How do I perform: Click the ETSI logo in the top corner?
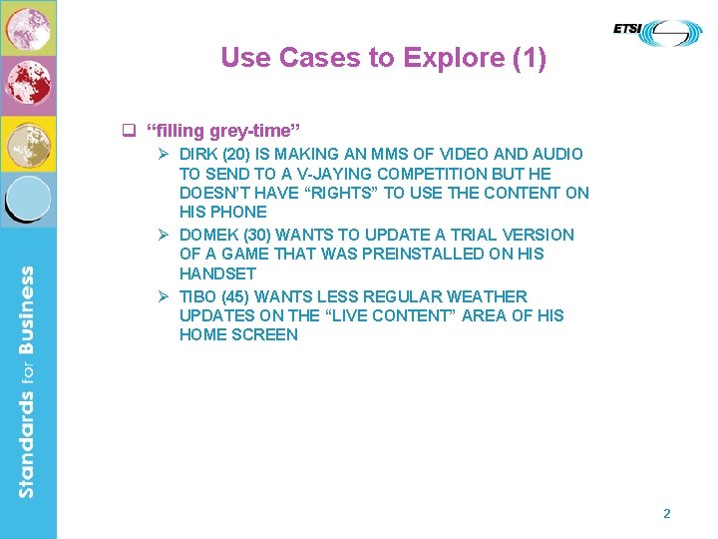coord(657,33)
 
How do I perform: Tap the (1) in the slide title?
coord(529,58)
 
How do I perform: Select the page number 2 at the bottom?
coord(667,514)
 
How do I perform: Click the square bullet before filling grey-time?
coord(128,131)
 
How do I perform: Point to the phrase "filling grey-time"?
coord(222,131)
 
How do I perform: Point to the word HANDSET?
coord(217,273)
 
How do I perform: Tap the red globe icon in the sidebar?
coord(28,85)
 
